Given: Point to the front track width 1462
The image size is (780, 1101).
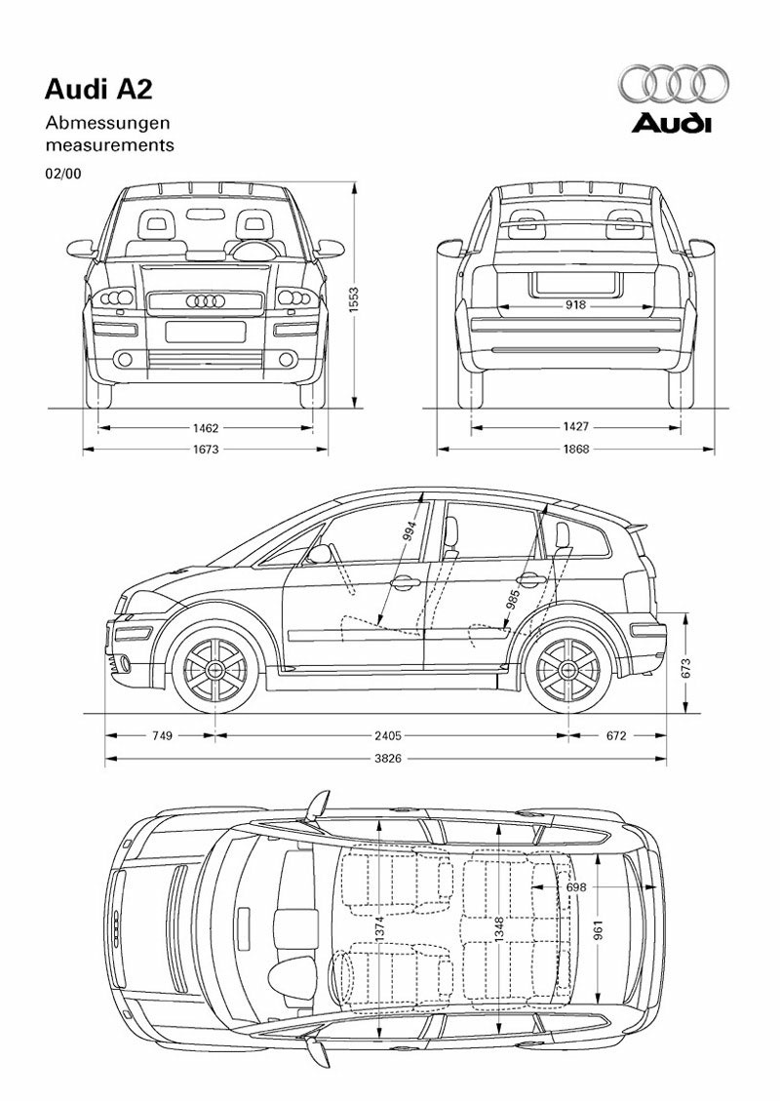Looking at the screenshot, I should tap(206, 426).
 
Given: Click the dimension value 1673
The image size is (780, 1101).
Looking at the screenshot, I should tap(206, 449).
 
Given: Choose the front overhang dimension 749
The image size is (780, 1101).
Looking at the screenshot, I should tap(162, 735).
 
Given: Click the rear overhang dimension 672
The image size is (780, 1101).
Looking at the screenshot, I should tap(616, 735).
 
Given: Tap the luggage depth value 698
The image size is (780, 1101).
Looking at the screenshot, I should tap(576, 888).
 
